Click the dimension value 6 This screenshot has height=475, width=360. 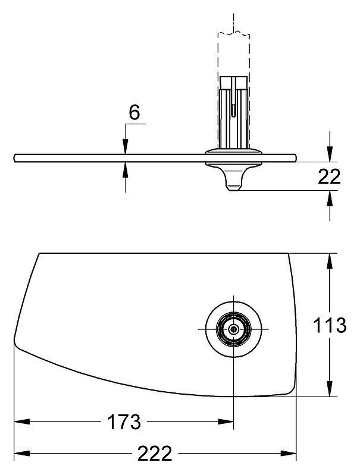click(134, 113)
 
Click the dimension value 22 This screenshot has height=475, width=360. click(330, 177)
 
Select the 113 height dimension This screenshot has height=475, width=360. click(330, 325)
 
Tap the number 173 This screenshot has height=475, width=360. click(124, 422)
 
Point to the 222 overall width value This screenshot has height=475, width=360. click(155, 454)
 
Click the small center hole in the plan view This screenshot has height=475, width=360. click(233, 329)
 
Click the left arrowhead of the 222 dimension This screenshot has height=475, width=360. click(22, 454)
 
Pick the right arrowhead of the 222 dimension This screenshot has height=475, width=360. click(289, 454)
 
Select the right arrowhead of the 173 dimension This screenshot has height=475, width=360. click(226, 421)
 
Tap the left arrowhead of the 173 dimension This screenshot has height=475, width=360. click(22, 421)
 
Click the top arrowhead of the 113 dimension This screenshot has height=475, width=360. click(330, 260)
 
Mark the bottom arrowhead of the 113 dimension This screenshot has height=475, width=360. click(330, 389)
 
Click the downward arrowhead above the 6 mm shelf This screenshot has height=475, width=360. click(126, 147)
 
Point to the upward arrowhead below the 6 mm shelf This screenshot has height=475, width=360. click(126, 169)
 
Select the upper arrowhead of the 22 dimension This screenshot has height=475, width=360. click(330, 155)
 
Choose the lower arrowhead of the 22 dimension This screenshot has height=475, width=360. click(330, 198)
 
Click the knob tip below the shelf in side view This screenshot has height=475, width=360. click(233, 188)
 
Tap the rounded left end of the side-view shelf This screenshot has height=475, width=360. click(15, 158)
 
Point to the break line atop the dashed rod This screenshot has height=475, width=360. click(233, 33)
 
